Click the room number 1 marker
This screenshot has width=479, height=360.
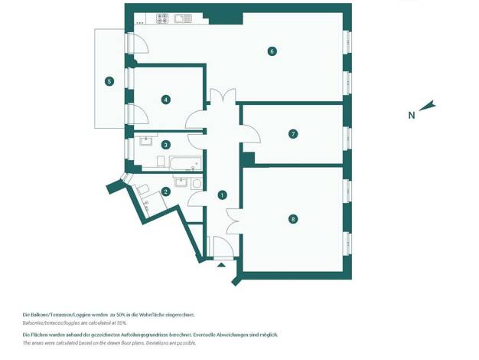[222, 195]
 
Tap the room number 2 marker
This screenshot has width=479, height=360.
[165, 191]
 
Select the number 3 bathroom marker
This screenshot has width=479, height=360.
[165, 145]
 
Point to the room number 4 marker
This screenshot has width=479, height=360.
[165, 100]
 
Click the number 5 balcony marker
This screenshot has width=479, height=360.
[109, 81]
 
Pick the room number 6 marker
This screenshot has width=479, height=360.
[272, 51]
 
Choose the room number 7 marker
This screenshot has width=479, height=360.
[293, 134]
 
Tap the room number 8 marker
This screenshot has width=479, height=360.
[293, 219]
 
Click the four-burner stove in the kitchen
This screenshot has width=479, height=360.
[162, 18]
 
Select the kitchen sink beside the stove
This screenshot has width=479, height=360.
[183, 18]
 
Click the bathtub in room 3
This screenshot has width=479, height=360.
[185, 163]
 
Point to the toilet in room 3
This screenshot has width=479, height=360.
[161, 161]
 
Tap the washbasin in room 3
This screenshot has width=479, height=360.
[146, 141]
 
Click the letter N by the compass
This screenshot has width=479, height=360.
[412, 116]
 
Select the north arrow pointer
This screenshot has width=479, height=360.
[428, 105]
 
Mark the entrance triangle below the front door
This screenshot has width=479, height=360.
[221, 265]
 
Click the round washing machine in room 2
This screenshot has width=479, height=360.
[197, 184]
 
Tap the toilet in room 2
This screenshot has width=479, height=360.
[142, 189]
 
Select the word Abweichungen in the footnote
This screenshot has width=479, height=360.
[232, 335]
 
